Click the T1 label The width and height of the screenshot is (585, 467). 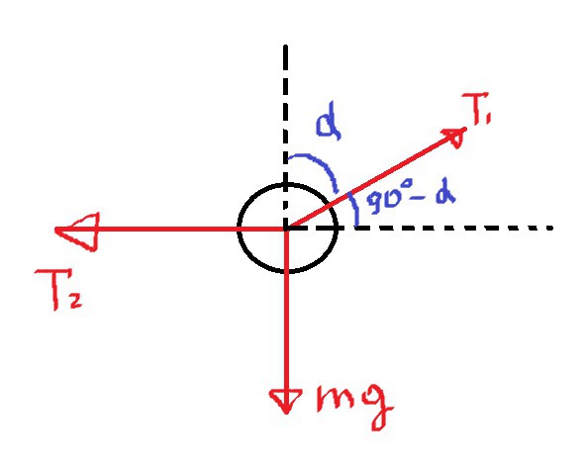point(476,109)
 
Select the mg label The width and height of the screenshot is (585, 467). point(354,407)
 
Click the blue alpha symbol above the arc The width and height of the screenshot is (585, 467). point(329,125)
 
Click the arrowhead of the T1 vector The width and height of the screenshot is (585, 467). point(455,137)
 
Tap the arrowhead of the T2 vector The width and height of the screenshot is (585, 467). point(77,232)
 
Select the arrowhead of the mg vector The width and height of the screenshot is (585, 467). point(286,401)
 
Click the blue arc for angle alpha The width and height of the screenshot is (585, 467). point(320,164)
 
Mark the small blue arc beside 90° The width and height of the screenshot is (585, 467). point(354,208)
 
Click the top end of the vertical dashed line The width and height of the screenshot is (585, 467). point(285,46)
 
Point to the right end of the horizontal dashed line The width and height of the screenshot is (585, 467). point(550,228)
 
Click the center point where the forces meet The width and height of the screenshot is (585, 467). point(286,228)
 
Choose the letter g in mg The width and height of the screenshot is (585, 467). point(377,408)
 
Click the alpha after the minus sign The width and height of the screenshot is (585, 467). point(445,195)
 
